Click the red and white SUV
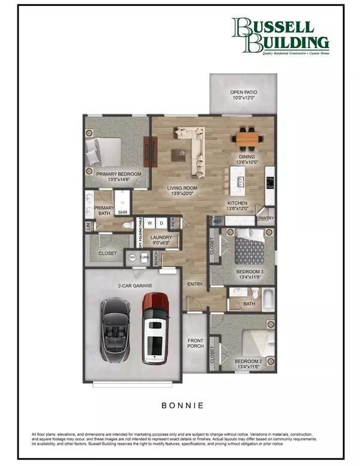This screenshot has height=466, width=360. tap(156, 329)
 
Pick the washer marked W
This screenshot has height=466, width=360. tap(150, 223)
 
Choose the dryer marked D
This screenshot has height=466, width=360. tap(161, 223)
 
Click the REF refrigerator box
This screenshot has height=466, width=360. tap(218, 222)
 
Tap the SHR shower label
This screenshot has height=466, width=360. tap(122, 212)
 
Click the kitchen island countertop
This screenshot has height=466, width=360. tap(242, 177)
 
